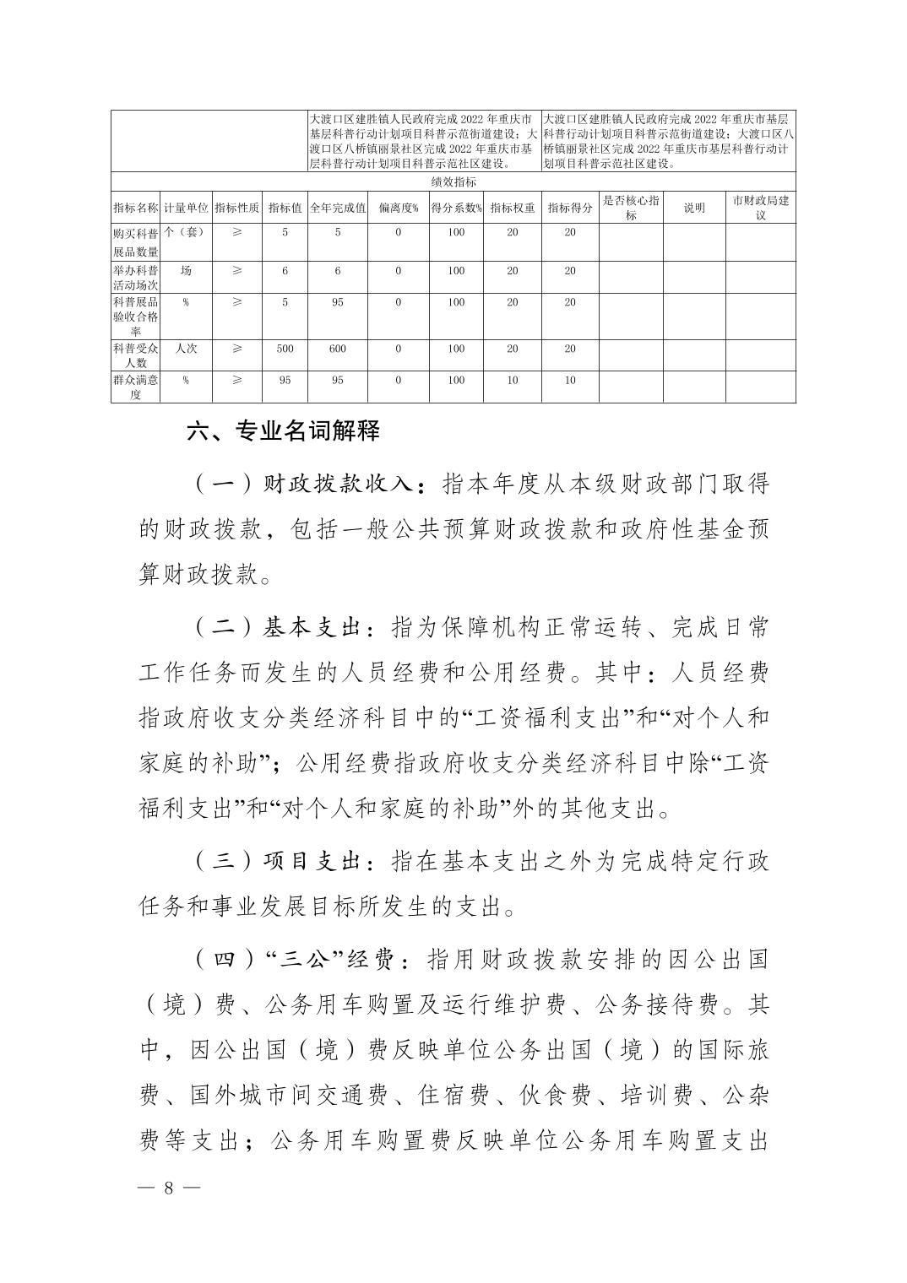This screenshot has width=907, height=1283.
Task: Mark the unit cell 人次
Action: pyautogui.click(x=186, y=349)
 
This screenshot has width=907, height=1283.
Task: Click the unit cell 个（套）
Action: pyautogui.click(x=186, y=232)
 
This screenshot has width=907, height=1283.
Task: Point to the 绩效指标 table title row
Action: pyautogui.click(x=453, y=181)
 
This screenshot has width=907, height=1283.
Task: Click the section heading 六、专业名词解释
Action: pyautogui.click(x=283, y=431)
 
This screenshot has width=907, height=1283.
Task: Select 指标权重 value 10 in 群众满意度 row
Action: pyautogui.click(x=512, y=381)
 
